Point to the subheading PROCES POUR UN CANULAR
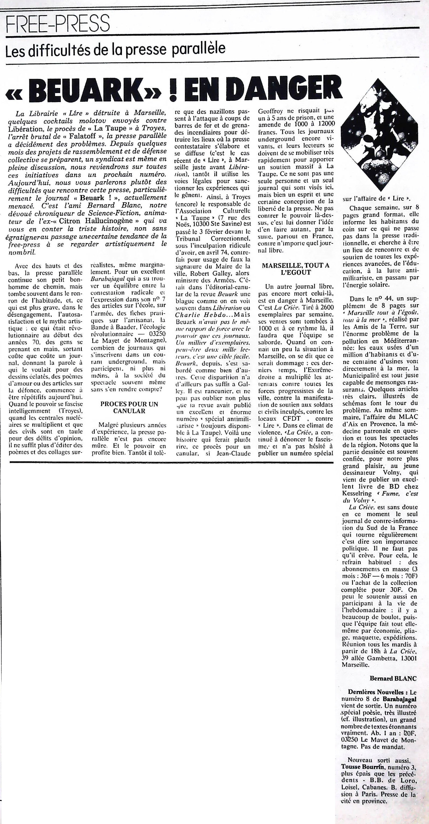[129, 407]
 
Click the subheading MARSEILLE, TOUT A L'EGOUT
[296, 269]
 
